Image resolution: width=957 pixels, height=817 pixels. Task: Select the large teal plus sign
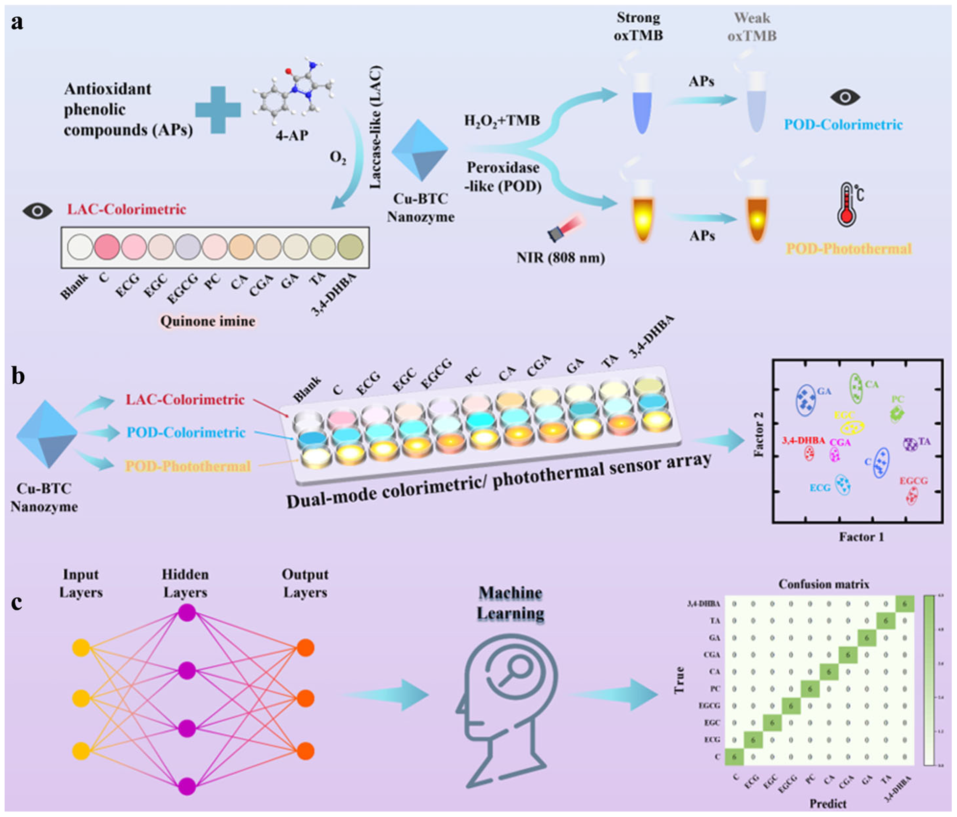pyautogui.click(x=218, y=110)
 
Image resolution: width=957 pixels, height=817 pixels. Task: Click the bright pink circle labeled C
pyautogui.click(x=107, y=247)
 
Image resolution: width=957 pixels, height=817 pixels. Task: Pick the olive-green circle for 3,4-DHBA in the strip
pyautogui.click(x=350, y=247)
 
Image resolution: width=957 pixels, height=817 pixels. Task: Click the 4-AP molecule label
pyautogui.click(x=292, y=135)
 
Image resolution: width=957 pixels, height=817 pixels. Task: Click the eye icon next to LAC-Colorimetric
pyautogui.click(x=38, y=211)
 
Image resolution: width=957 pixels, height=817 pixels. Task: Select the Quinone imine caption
pyautogui.click(x=207, y=321)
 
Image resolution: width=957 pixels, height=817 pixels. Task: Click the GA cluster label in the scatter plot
pyautogui.click(x=824, y=392)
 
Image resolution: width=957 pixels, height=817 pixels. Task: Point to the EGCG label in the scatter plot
pyautogui.click(x=913, y=481)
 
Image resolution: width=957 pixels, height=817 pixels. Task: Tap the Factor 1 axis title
pyautogui.click(x=861, y=537)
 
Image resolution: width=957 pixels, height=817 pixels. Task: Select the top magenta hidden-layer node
pyautogui.click(x=187, y=613)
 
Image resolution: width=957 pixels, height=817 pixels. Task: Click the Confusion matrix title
pyautogui.click(x=824, y=584)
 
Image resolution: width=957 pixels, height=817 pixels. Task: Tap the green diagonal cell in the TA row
pyautogui.click(x=886, y=621)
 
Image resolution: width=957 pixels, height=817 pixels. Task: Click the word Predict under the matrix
pyautogui.click(x=828, y=803)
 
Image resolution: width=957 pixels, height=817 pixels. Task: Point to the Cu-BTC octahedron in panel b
pyautogui.click(x=47, y=434)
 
